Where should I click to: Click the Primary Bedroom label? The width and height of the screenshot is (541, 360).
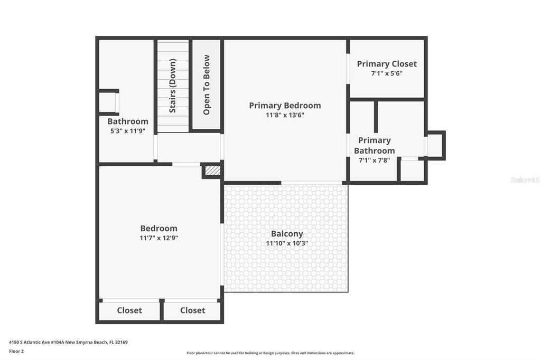[x=285, y=105]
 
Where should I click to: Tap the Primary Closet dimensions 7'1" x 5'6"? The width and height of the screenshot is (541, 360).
[x=387, y=73]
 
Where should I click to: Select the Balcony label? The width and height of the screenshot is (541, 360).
[x=287, y=234]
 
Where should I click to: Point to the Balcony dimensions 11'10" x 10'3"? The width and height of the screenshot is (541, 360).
[x=287, y=243]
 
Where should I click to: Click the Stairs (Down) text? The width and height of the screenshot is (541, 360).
[x=173, y=86]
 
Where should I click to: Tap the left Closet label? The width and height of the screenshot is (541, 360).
[x=129, y=310]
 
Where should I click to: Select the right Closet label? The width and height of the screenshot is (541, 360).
[x=192, y=310]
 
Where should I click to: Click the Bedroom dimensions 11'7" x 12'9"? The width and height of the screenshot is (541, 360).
[x=158, y=238]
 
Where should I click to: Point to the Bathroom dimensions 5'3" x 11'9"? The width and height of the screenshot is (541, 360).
[x=128, y=131]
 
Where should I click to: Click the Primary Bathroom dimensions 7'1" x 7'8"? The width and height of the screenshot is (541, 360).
[x=374, y=160]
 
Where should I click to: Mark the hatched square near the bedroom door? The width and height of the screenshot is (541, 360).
[x=211, y=170]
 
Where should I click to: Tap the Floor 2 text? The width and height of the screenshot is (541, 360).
[x=16, y=350]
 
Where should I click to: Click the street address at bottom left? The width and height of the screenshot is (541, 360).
[x=68, y=342]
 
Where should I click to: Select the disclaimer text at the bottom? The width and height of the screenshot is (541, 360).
[x=270, y=353]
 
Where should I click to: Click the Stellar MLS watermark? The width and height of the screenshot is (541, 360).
[x=525, y=180]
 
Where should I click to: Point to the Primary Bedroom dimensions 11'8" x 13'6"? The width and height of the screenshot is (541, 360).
[x=285, y=115]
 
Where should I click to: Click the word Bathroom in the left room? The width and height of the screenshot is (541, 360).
[x=128, y=121]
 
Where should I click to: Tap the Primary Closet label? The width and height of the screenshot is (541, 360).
[x=387, y=64]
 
